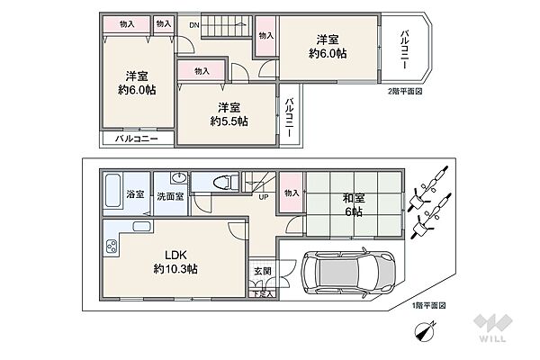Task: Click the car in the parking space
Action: point(347,272)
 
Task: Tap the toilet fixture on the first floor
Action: point(226,182)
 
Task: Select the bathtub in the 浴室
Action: point(113,191)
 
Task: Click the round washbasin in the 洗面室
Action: point(179,178)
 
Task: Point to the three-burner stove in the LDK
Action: point(112,247)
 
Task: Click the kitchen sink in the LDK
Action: point(141,226)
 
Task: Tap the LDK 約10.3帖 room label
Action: point(175,262)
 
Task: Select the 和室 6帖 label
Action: point(354,205)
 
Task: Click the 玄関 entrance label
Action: point(263,271)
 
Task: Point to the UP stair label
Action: point(264,197)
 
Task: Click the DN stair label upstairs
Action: point(194,25)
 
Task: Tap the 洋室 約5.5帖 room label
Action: point(229,114)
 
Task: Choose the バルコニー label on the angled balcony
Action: point(405,49)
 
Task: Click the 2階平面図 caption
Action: point(405,91)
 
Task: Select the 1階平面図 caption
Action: point(428,306)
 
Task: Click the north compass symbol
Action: point(425,331)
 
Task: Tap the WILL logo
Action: point(492,328)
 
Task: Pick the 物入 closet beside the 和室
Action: point(291,193)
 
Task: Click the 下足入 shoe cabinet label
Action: point(263,294)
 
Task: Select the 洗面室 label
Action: point(170,197)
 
